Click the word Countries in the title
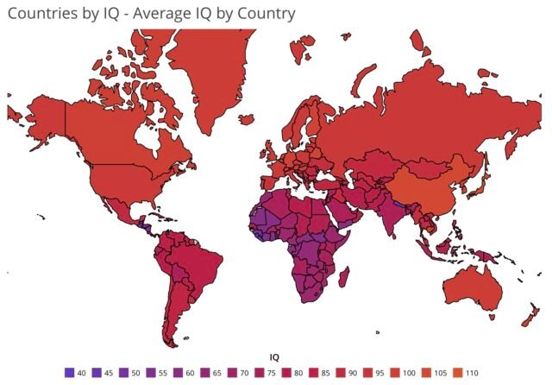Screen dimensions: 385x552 tap(42, 14)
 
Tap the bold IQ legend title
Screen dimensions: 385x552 tap(274, 356)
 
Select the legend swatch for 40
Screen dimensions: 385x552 tap(69, 372)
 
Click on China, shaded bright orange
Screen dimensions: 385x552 tap(422, 190)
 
